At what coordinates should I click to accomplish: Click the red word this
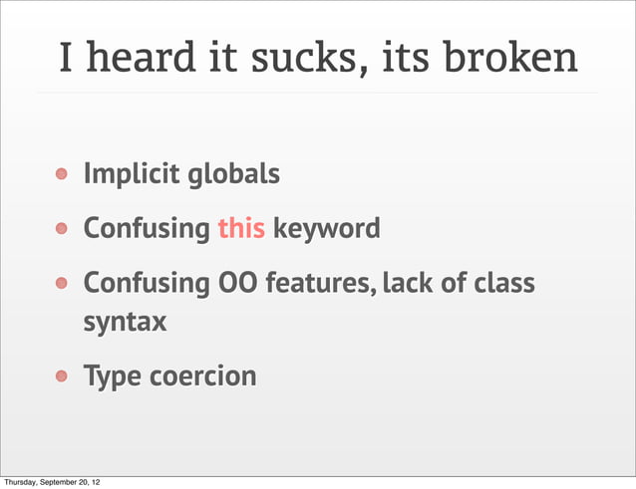point(241,229)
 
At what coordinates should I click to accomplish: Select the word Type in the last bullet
point(112,377)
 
